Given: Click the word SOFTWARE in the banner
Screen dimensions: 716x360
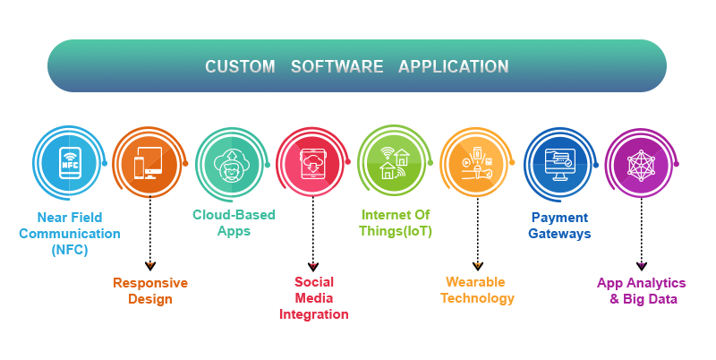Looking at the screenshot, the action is [337, 66].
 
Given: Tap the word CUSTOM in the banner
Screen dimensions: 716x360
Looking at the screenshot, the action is [240, 66].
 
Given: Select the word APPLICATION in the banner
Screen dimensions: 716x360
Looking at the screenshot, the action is [454, 66].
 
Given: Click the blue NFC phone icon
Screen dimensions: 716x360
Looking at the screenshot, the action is [70, 163].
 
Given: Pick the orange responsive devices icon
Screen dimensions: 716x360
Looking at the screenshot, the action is [148, 163].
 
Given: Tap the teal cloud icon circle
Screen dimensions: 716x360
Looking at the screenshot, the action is [232, 164].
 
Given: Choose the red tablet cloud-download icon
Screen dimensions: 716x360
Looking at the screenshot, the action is [312, 164].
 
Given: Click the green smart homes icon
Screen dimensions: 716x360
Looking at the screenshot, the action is [394, 163].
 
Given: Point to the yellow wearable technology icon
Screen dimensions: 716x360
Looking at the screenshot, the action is [477, 163].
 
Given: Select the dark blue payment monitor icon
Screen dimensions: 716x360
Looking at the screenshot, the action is [560, 164].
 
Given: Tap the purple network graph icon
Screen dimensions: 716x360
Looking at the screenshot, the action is [641, 164].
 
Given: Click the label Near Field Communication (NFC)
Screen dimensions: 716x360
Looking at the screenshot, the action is [70, 234].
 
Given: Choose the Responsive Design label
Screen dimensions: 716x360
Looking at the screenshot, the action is [150, 291].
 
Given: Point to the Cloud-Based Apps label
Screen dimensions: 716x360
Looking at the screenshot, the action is [234, 222].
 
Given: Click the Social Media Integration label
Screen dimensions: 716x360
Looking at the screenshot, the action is [314, 298].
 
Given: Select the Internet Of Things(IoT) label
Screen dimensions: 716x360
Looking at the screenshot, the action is [396, 222].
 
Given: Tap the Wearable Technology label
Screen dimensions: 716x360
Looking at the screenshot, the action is [477, 290].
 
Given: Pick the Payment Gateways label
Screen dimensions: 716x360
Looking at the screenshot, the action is [560, 226].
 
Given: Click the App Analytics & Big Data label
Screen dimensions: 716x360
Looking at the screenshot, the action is [642, 291].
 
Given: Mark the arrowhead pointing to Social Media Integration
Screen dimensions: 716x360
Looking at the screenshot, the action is [312, 266].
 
